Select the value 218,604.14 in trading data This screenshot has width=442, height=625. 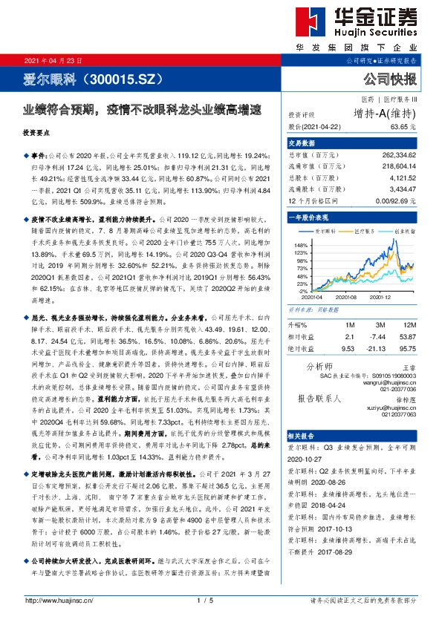coord(408,167)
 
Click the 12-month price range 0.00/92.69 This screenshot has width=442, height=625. coord(405,201)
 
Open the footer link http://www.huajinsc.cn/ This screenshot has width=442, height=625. coord(59,600)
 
